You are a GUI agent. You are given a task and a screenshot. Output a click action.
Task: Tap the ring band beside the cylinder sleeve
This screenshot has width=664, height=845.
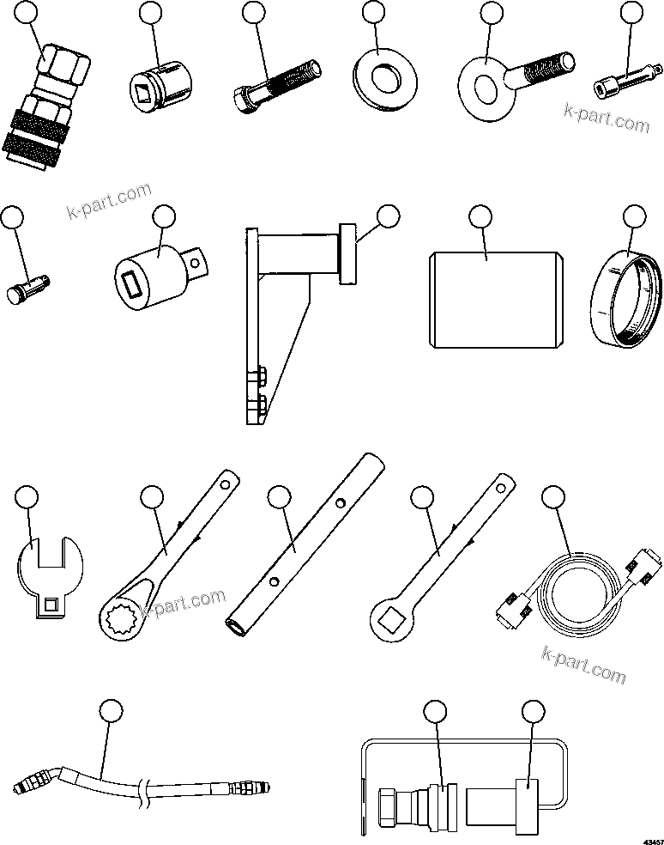coord(629,293)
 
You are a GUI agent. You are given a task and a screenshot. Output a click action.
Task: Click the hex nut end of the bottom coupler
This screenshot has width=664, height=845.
coord(388,805)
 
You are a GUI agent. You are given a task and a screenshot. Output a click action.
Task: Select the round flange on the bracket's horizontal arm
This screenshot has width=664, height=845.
coord(348,253)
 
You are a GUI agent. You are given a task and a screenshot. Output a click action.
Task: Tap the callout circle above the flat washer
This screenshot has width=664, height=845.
coord(374,13)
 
